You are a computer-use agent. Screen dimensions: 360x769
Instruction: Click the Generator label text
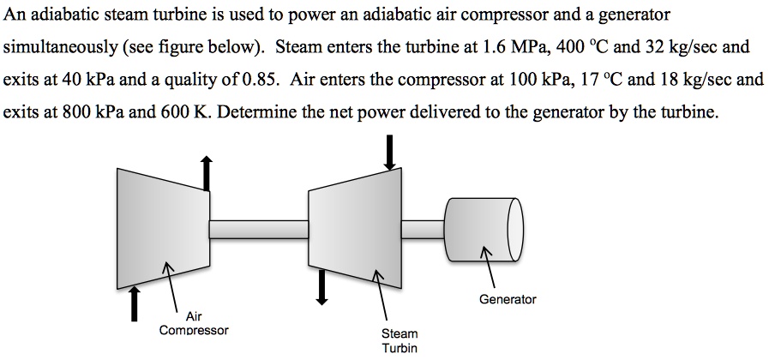(x=508, y=299)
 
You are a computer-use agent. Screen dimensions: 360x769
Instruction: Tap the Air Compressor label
(x=193, y=322)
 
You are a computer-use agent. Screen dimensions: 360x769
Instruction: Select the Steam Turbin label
(x=400, y=339)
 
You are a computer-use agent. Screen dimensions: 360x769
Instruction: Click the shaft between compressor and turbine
(x=259, y=229)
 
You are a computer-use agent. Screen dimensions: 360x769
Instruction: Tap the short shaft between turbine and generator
(x=424, y=228)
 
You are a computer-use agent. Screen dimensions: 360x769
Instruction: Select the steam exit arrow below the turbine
(x=322, y=286)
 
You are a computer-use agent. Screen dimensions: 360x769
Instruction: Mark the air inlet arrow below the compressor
(x=135, y=303)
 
